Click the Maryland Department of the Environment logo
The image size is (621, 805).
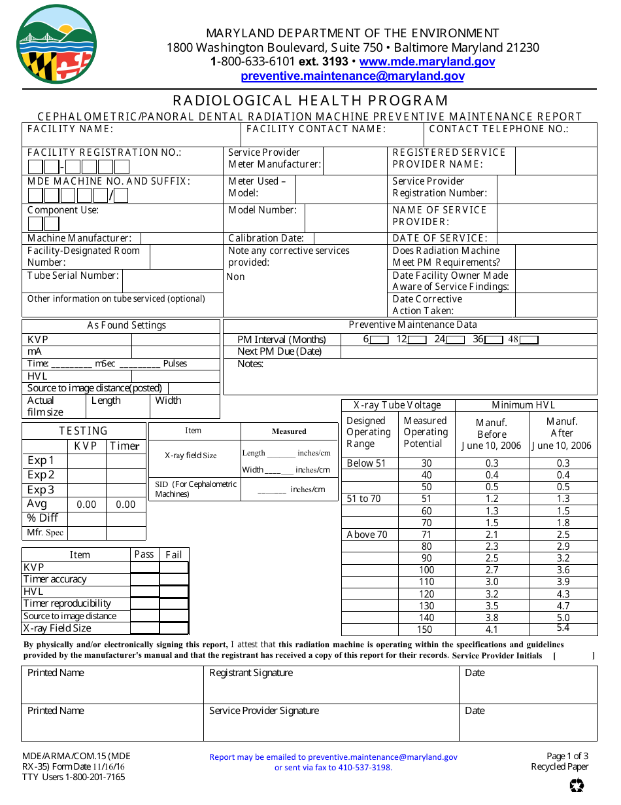(57, 44)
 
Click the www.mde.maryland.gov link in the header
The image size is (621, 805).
(427, 62)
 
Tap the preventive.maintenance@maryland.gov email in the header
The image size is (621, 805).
(352, 76)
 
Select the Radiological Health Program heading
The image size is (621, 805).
(310, 100)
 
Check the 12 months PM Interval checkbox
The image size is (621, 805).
(417, 340)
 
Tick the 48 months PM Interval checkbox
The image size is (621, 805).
(528, 340)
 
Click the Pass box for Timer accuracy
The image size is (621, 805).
(144, 579)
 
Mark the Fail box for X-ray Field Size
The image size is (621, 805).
(174, 628)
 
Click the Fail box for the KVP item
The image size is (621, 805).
(174, 567)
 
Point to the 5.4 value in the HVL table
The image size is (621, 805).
(562, 628)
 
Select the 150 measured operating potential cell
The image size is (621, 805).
(425, 630)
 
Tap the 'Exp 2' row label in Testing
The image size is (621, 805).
(41, 475)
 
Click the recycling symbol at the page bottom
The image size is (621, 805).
(577, 785)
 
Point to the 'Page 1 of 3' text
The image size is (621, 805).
(567, 756)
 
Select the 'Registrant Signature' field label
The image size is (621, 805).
(251, 673)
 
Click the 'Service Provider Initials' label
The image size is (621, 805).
(497, 656)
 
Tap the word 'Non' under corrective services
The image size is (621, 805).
(235, 277)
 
